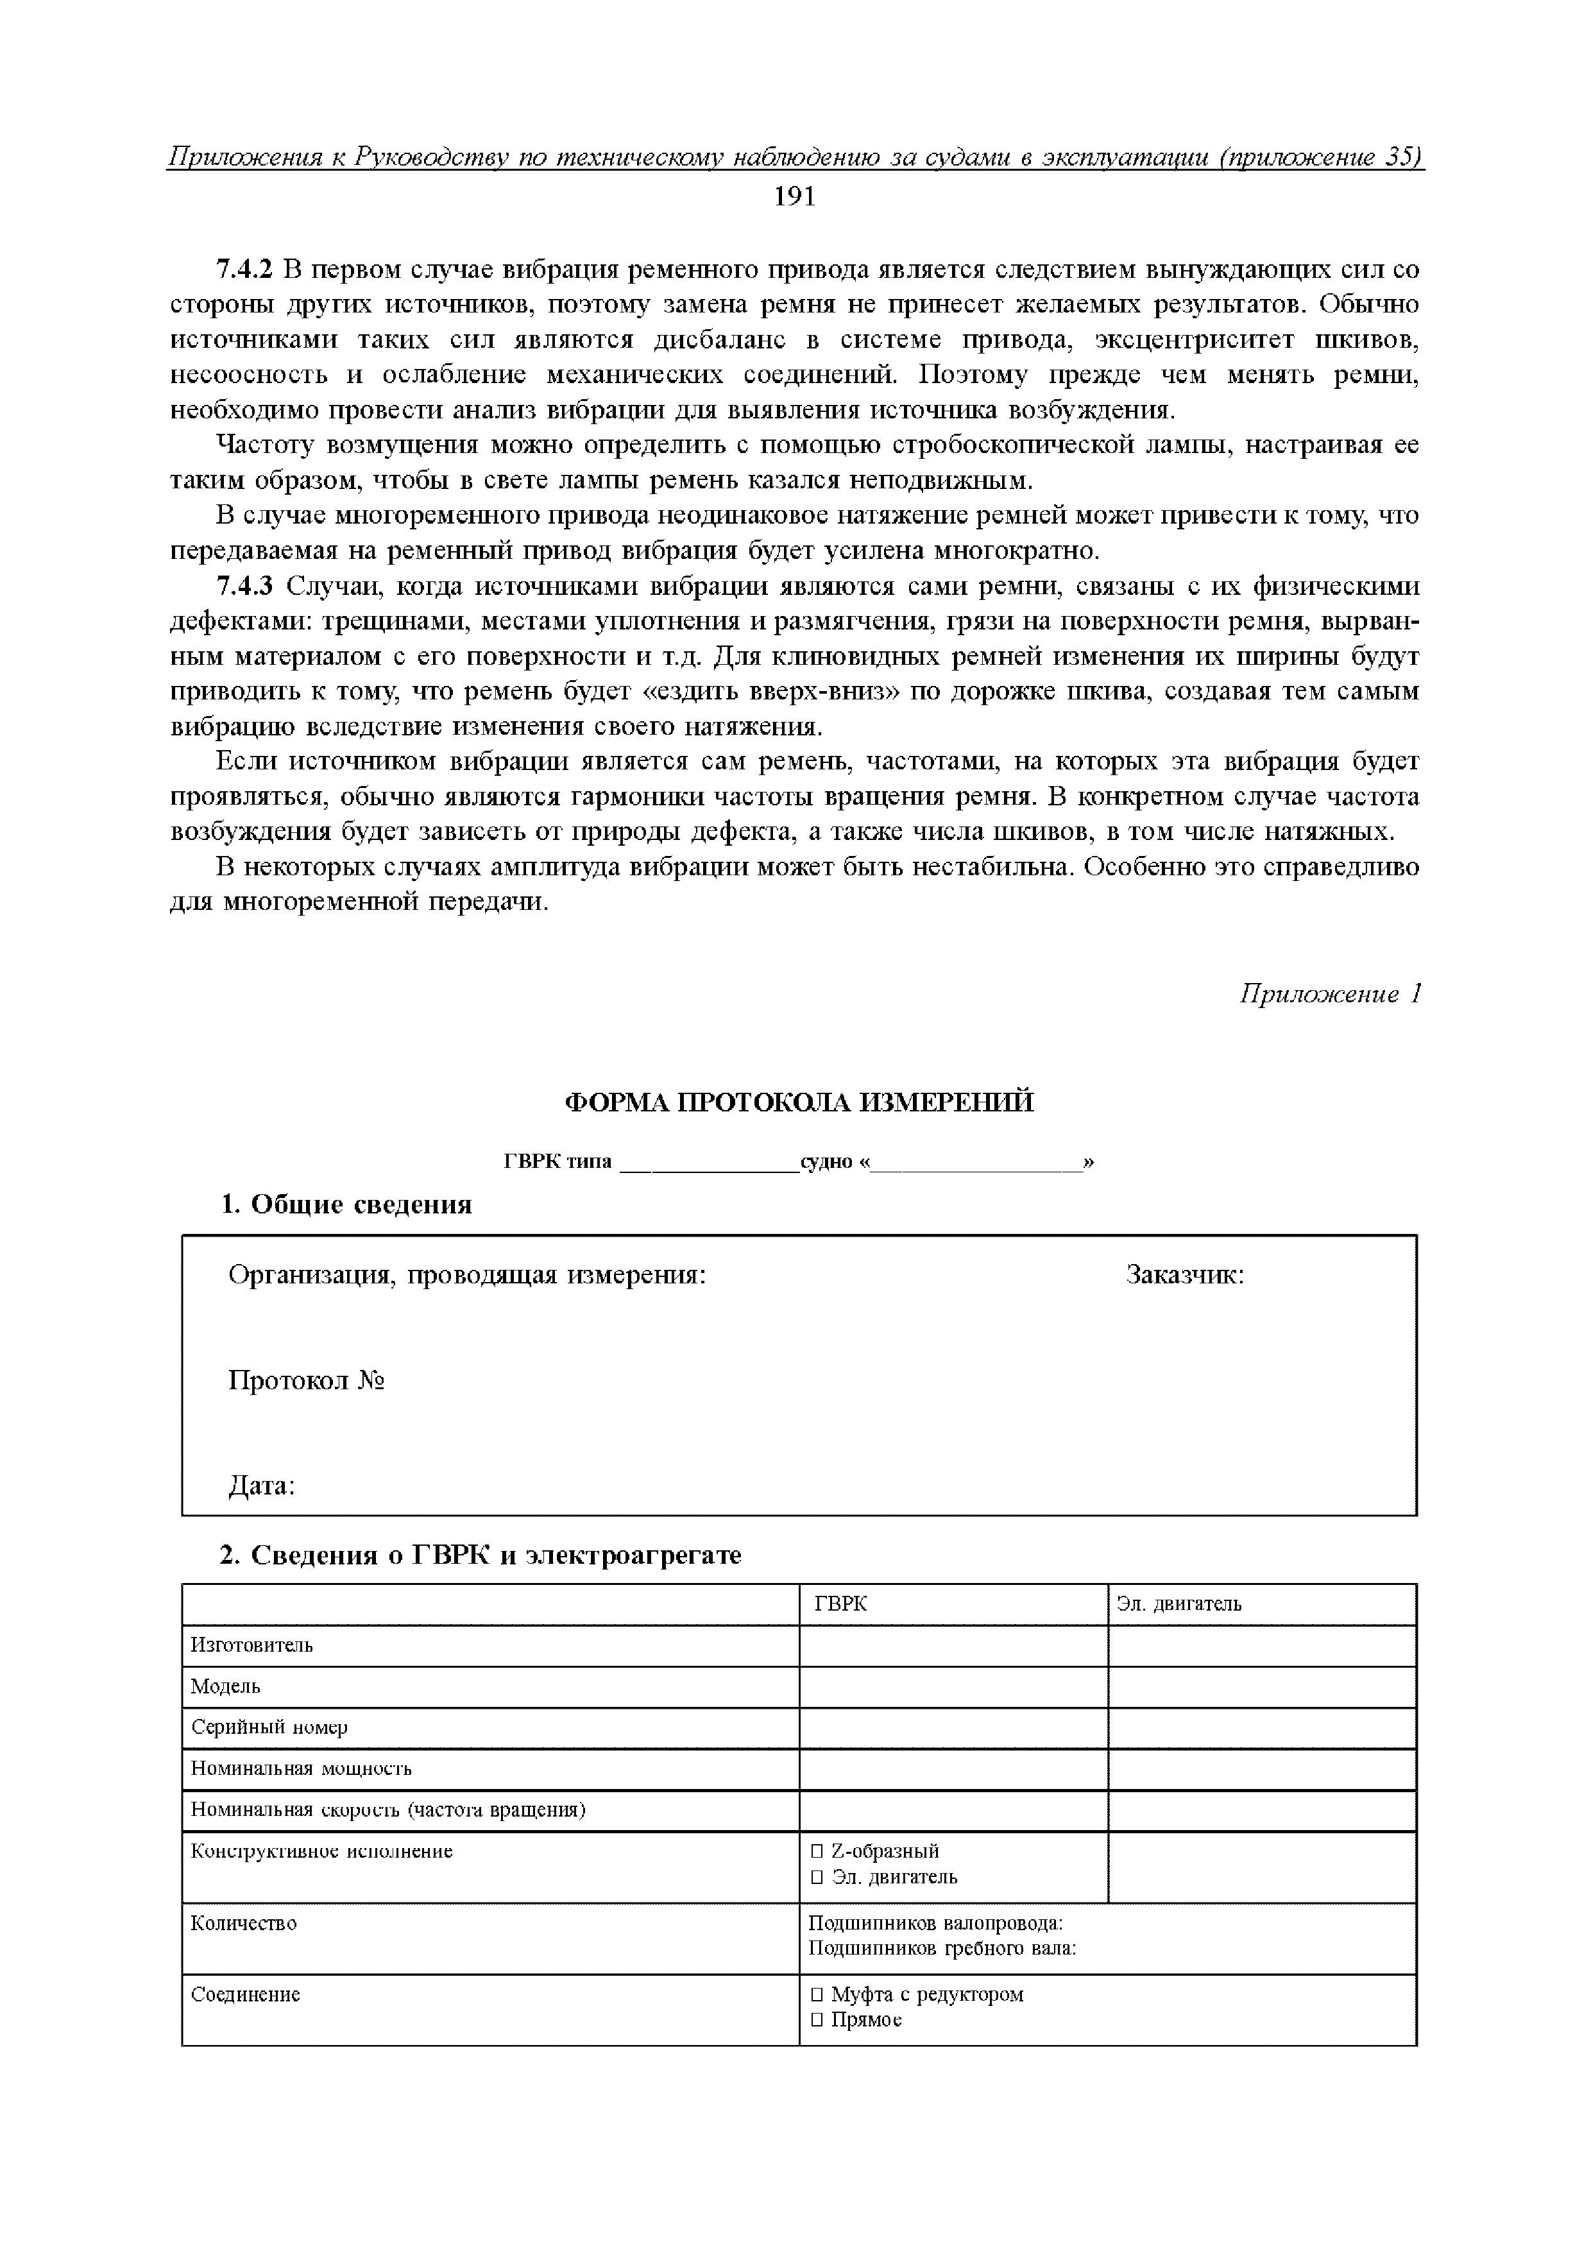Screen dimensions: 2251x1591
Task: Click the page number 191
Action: tap(794, 197)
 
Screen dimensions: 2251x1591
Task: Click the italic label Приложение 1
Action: tap(1329, 994)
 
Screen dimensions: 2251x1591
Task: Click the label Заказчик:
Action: tap(1184, 1276)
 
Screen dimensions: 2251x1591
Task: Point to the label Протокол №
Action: tap(306, 1382)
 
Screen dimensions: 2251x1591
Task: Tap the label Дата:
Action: tap(262, 1486)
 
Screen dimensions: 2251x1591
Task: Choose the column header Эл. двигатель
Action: tap(1178, 1604)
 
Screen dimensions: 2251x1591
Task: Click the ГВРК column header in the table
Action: tap(840, 1604)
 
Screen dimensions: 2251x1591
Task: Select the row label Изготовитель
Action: tap(252, 1645)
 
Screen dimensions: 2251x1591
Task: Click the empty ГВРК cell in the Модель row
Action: tap(953, 1686)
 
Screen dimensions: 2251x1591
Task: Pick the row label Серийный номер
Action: tap(269, 1727)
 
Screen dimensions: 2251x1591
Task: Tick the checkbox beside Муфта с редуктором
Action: tap(817, 1994)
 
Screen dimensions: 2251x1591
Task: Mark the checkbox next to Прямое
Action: tap(817, 2019)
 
